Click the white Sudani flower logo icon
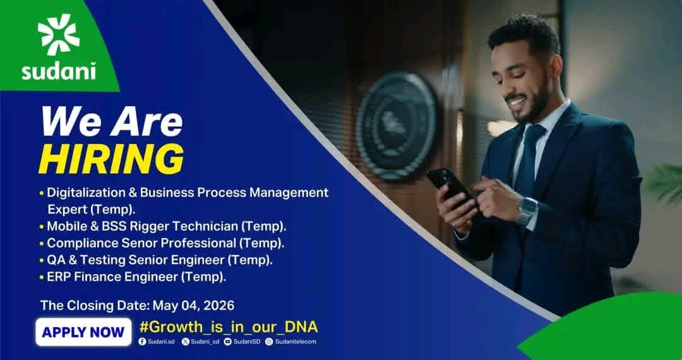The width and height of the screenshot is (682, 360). (x=59, y=34)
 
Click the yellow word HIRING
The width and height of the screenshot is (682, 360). (x=111, y=159)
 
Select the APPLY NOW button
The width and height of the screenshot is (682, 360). (x=83, y=332)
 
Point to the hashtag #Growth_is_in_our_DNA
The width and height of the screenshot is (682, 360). (x=229, y=327)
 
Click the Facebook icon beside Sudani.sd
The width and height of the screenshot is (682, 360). (x=142, y=342)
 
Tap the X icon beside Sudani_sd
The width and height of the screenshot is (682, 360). (x=186, y=342)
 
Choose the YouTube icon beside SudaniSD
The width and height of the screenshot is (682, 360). (x=228, y=342)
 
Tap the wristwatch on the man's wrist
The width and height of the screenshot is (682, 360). (x=527, y=212)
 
